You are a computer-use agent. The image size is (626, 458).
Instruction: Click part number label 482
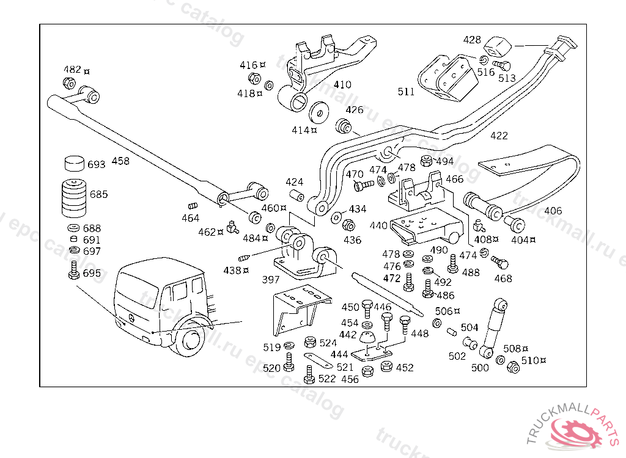(73, 69)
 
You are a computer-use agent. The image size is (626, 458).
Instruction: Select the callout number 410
(342, 85)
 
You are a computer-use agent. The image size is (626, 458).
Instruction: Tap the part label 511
(406, 92)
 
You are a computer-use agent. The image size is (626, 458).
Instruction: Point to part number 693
(96, 164)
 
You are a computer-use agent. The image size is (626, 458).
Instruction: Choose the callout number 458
(120, 161)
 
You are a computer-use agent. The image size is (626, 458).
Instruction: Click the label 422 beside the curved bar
(499, 136)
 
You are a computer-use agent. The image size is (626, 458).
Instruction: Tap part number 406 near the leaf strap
(553, 211)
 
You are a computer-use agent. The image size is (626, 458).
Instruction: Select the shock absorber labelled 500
(495, 327)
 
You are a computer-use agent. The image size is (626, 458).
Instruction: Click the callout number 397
(270, 279)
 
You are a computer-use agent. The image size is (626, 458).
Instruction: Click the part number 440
(378, 225)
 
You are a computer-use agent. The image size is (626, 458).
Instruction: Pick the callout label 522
(327, 379)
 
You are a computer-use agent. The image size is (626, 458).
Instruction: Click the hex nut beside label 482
(69, 83)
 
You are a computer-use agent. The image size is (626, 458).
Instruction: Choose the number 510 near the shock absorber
(529, 360)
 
